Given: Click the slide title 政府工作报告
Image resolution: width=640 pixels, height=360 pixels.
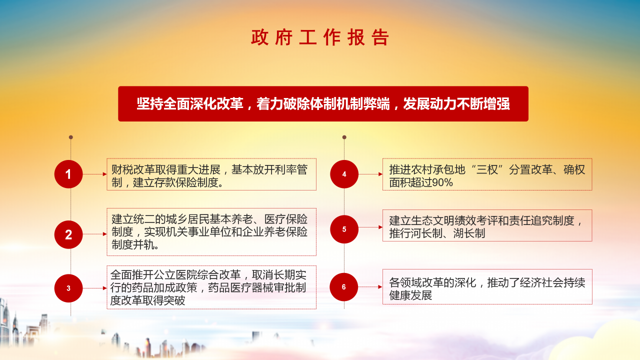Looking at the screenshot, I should tap(320, 38).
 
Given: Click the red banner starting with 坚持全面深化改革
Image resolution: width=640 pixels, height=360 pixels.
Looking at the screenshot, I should tap(323, 104).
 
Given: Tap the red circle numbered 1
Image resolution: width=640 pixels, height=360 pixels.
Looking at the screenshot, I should tap(68, 174).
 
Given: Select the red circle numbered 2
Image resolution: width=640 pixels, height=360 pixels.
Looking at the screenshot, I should tap(68, 234).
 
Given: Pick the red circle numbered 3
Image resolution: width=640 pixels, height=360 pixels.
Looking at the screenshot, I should tap(68, 288).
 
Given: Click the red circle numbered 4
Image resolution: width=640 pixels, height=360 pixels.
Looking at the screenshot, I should tap(344, 174).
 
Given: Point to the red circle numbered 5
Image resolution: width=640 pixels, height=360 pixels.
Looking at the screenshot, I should tap(344, 229).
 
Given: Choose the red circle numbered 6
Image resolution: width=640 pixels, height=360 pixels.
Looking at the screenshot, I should tap(344, 287).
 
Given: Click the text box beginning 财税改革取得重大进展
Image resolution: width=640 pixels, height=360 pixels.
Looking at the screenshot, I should tap(211, 174).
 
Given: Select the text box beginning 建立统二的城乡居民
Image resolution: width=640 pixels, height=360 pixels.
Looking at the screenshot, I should tap(211, 232).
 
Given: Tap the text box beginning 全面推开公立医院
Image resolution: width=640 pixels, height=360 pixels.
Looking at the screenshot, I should tap(211, 287).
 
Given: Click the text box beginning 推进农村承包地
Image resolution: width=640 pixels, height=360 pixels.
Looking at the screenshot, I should tap(487, 174).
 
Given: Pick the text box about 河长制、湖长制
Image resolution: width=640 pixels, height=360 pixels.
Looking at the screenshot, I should tap(487, 225).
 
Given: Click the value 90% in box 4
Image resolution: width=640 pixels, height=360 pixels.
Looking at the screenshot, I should tap(442, 183).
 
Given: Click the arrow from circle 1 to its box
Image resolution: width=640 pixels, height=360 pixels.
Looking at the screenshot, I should tap(95, 174).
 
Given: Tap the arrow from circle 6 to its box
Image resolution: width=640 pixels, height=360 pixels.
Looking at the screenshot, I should tap(370, 287).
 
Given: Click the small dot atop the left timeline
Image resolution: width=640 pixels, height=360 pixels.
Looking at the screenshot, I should tap(71, 137).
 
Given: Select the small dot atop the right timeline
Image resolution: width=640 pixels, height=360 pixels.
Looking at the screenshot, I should tap(344, 137).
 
